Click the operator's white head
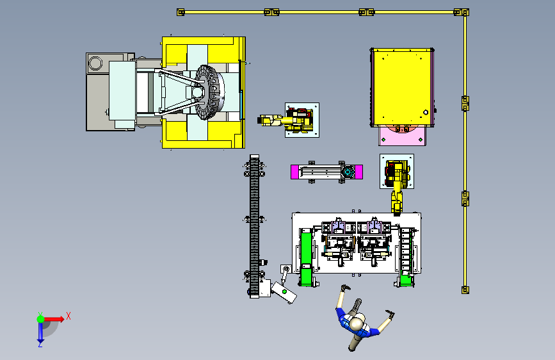coord(357,323)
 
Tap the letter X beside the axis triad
coord(68,316)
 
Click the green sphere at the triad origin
coord(40,319)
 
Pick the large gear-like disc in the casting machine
coord(209,92)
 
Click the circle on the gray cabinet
coord(95,63)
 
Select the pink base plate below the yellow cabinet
coord(402,136)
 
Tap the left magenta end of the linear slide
coord(294,172)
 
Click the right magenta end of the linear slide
coord(359,172)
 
